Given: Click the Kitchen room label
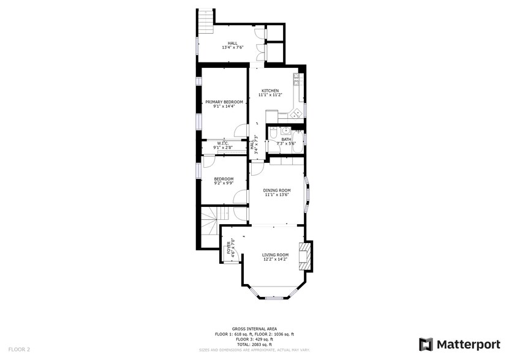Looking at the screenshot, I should tap(270, 90).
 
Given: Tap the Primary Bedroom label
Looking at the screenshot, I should tap(224, 102).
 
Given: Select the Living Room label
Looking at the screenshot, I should tap(275, 255).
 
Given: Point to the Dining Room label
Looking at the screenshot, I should tap(277, 190).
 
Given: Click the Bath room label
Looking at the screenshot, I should tap(287, 139).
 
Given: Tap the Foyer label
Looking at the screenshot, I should tap(229, 247).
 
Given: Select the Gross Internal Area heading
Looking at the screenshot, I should tap(254, 329).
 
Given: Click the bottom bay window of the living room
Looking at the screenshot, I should tap(275, 298).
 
